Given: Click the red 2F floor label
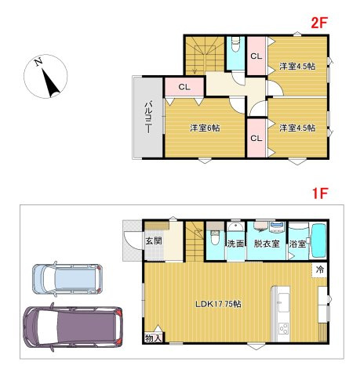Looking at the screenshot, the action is [x=318, y=23].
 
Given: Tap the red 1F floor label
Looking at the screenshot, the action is [x=320, y=193].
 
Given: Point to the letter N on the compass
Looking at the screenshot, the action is [x=38, y=62].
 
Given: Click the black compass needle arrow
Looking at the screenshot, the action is [x=50, y=82].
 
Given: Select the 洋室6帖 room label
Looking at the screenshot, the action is [x=205, y=128].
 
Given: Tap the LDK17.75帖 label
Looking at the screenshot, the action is [x=219, y=304].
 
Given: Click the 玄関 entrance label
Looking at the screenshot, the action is [x=154, y=240].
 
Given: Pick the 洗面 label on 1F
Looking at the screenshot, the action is [x=235, y=244].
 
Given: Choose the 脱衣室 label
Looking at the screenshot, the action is [x=267, y=244].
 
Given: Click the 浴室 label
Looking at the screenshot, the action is [x=297, y=244].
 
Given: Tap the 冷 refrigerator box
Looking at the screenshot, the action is [x=319, y=269].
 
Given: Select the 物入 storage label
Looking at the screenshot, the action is [x=153, y=338].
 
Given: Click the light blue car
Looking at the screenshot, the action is [x=67, y=279].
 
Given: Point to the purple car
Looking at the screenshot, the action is [x=73, y=327].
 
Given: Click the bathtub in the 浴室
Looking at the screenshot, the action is [x=318, y=240].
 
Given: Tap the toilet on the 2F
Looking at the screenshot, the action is [x=236, y=45].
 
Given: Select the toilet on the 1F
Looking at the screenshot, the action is [x=215, y=237].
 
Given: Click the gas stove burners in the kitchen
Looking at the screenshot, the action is [x=283, y=328].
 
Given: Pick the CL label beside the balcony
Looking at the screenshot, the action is [x=184, y=87].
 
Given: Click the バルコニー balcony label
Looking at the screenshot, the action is [x=148, y=117].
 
